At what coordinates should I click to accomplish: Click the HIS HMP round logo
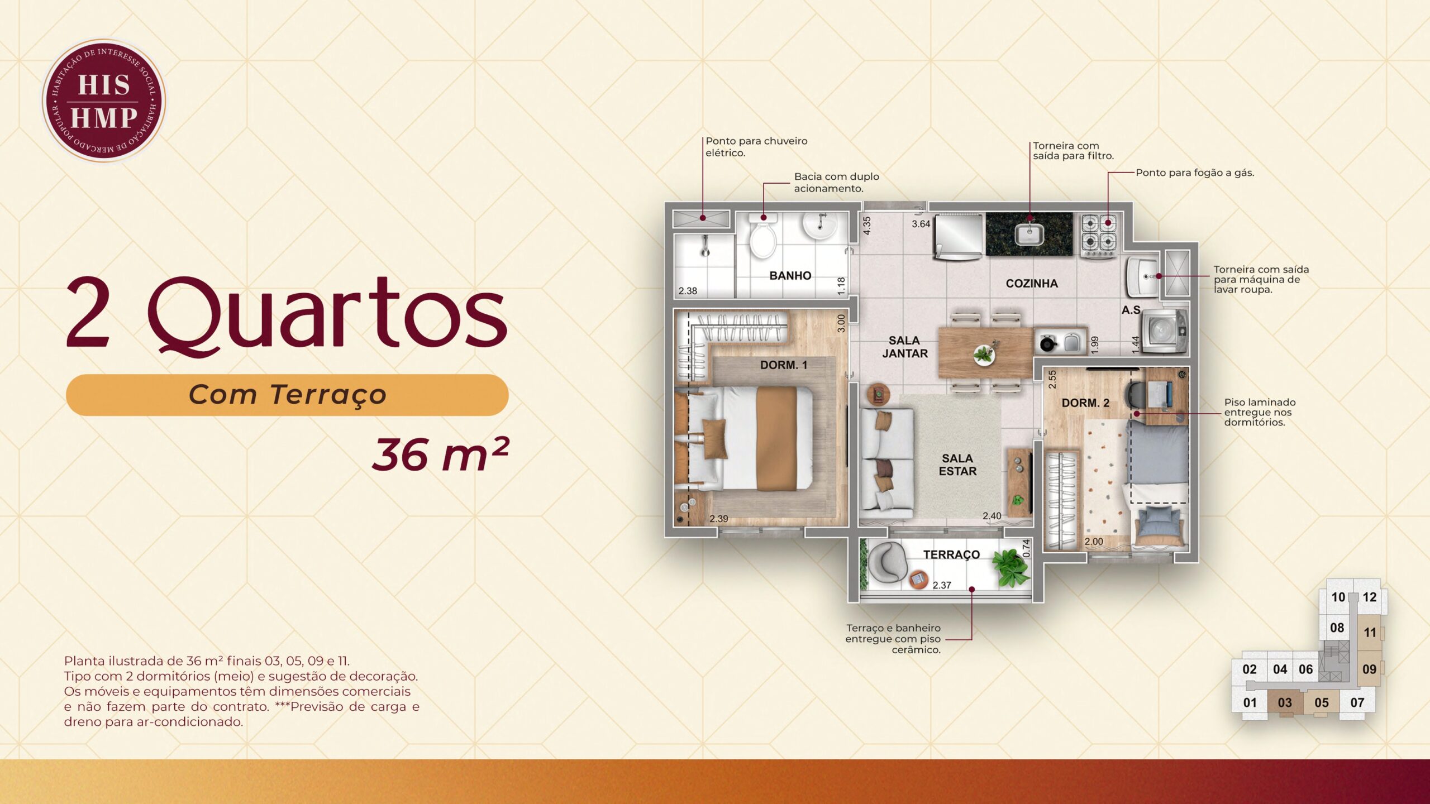pyautogui.click(x=104, y=100)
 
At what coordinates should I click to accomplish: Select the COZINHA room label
pyautogui.click(x=1032, y=284)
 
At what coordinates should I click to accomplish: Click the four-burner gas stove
pyautogui.click(x=1099, y=236)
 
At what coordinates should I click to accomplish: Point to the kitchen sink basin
pyautogui.click(x=1029, y=234)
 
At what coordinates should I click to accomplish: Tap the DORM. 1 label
pyautogui.click(x=784, y=365)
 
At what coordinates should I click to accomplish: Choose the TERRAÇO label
pyautogui.click(x=951, y=554)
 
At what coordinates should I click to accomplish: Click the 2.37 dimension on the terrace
pyautogui.click(x=942, y=585)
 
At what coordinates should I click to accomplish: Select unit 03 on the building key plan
pyautogui.click(x=1285, y=702)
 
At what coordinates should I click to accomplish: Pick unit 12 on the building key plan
pyautogui.click(x=1369, y=597)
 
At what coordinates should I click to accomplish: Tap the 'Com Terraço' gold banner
pyautogui.click(x=287, y=395)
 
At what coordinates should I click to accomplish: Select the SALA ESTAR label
pyautogui.click(x=957, y=465)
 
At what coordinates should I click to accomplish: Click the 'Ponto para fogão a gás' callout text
pyautogui.click(x=1195, y=173)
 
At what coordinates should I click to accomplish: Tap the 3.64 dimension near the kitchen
pyautogui.click(x=921, y=224)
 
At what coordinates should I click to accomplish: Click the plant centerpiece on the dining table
pyautogui.click(x=984, y=353)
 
